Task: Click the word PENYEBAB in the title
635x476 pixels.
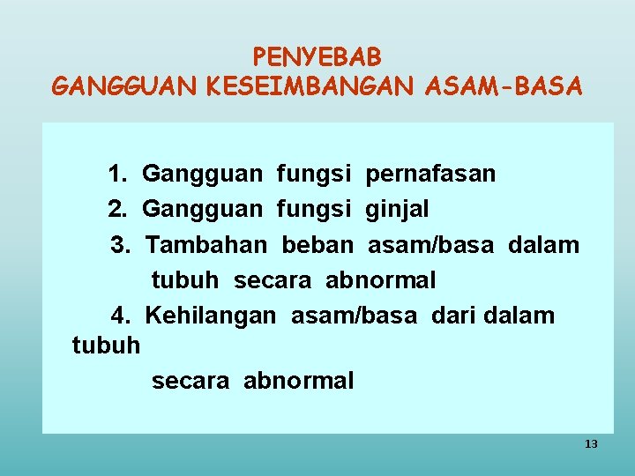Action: coord(317,57)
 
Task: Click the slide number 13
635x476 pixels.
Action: coord(591,444)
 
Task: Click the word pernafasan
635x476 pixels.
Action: coord(430,174)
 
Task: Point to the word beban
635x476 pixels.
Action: coord(317,244)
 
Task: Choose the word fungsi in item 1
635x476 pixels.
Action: coord(313,174)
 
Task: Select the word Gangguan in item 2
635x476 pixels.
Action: coord(202,210)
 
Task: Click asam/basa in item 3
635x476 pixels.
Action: coord(430,244)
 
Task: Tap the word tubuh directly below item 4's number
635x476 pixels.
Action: coord(106,345)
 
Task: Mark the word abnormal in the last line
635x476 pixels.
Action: coord(298,381)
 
